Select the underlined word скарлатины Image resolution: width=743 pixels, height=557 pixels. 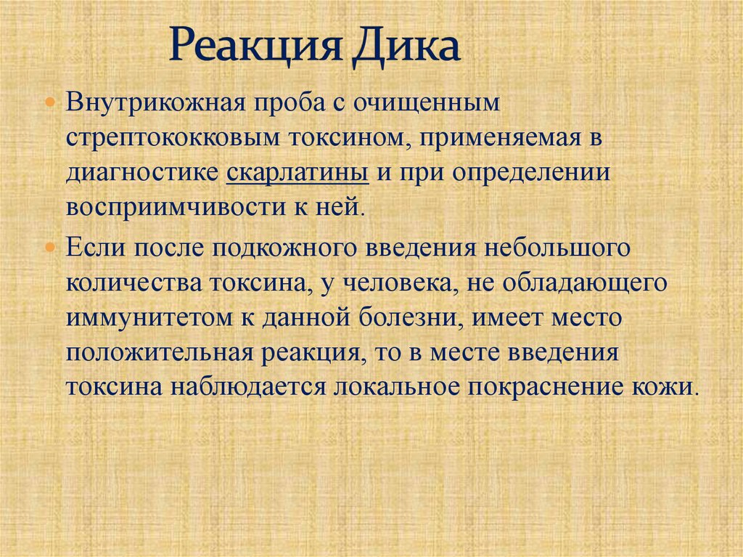[x=297, y=173]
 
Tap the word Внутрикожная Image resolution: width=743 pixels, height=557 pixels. [x=154, y=102]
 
